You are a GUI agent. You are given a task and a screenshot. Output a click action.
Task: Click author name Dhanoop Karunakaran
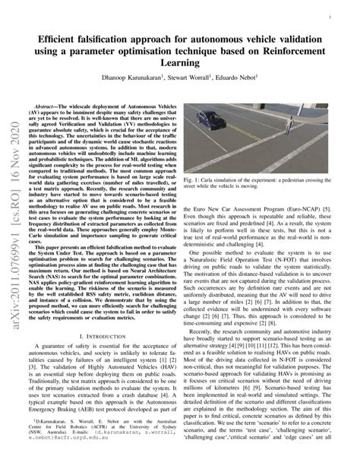(x=123, y=78)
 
